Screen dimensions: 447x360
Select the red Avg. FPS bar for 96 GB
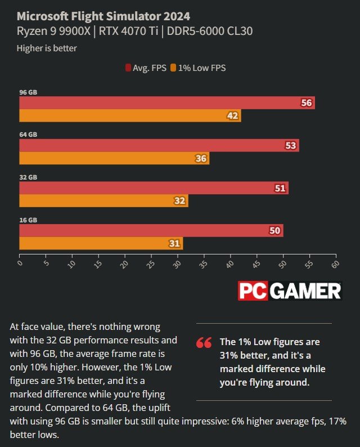tap(163, 102)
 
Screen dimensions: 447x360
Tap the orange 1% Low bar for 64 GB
tap(112, 158)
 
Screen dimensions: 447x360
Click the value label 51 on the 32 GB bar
tap(280, 188)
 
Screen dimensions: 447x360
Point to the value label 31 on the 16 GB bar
tap(174, 244)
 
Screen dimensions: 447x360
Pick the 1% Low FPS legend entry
tap(202, 68)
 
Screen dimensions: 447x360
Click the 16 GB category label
tap(28, 220)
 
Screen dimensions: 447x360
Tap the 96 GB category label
tap(28, 92)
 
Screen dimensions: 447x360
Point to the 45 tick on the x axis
tap(257, 264)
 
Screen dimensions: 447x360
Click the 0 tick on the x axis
tap(20, 263)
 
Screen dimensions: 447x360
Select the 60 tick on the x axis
tap(336, 264)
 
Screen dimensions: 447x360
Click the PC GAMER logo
tap(289, 290)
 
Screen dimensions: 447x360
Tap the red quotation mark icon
tap(204, 342)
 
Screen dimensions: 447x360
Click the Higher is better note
tap(47, 48)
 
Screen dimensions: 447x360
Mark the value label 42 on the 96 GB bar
tap(232, 116)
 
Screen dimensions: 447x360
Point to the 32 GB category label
tap(28, 177)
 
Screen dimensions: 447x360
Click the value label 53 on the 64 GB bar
tap(291, 145)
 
